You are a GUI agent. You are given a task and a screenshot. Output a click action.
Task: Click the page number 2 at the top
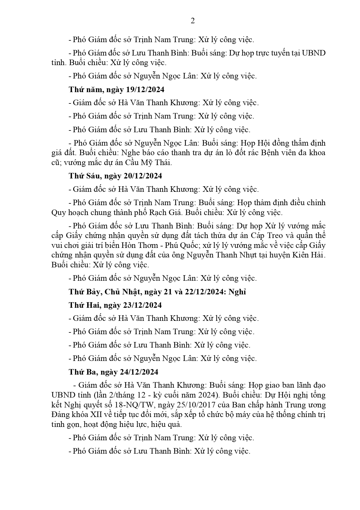192,21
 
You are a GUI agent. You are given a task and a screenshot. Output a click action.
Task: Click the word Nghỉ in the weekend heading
237,292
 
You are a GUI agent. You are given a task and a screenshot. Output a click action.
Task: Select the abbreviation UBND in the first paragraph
314,53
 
